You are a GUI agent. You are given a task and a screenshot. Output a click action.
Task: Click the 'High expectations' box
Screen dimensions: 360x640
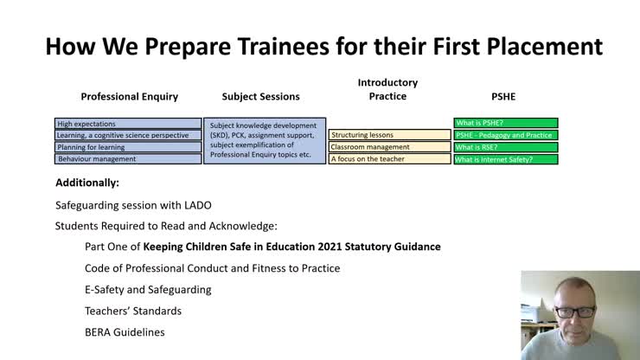pos(127,124)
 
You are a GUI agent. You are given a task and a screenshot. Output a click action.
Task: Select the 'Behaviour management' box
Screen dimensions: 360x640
pos(127,159)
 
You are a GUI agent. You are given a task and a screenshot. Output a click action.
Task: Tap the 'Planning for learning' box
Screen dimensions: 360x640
pos(127,147)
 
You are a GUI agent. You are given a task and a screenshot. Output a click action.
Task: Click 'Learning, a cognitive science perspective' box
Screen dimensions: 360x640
pos(127,136)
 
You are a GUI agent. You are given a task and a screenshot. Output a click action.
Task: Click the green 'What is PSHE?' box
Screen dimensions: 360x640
pos(505,124)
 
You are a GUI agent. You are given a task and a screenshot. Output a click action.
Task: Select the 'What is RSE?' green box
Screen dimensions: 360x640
pos(505,147)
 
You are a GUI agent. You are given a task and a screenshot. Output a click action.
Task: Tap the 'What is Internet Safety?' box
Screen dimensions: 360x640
pos(505,159)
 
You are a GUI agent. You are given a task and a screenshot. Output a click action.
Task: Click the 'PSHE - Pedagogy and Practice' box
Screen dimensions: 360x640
pos(505,136)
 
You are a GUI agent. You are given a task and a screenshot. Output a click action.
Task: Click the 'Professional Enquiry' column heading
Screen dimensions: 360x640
pos(129,97)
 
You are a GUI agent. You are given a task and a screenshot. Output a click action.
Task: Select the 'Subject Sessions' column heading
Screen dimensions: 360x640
pos(261,97)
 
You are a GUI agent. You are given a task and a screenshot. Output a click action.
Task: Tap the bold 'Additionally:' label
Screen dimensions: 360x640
pos(87,183)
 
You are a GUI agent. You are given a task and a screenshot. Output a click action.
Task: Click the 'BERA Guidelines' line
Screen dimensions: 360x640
pos(124,332)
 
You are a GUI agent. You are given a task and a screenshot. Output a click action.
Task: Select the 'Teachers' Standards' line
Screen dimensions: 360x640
pos(133,311)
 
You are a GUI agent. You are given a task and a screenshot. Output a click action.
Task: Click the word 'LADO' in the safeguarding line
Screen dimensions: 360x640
pos(195,205)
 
